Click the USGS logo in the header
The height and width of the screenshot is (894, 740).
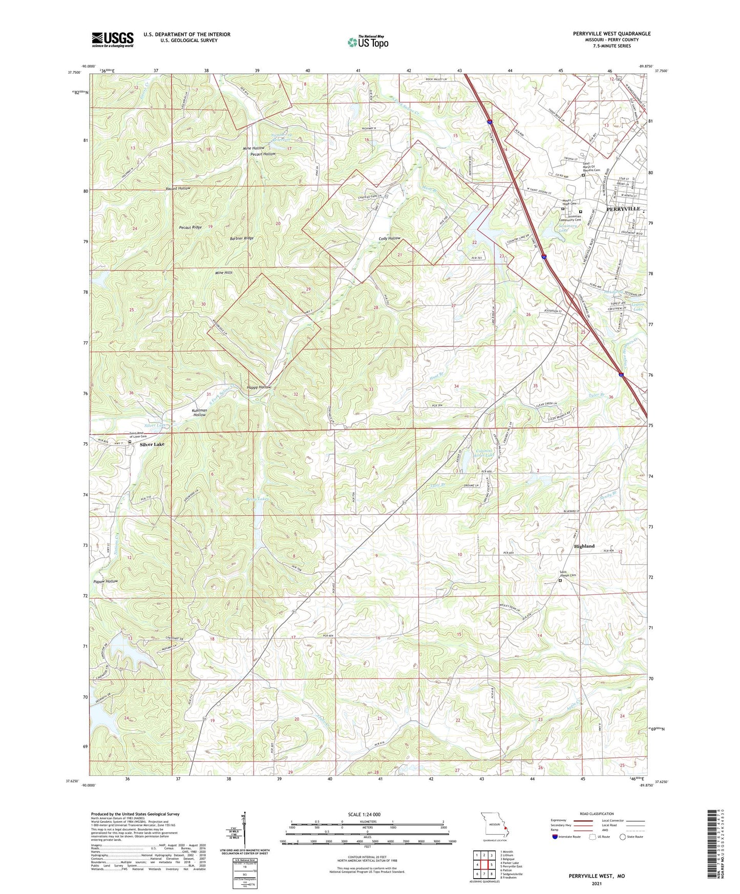pyautogui.click(x=113, y=39)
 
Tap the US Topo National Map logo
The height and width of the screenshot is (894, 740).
pyautogui.click(x=368, y=42)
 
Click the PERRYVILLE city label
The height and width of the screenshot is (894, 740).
pyautogui.click(x=623, y=209)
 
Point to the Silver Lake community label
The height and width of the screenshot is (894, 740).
pyautogui.click(x=152, y=444)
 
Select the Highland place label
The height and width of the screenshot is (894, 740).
pyautogui.click(x=584, y=546)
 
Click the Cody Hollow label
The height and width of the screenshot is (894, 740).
pyautogui.click(x=389, y=239)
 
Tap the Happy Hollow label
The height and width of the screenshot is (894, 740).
pyautogui.click(x=259, y=387)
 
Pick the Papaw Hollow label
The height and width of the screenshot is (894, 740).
pyautogui.click(x=105, y=581)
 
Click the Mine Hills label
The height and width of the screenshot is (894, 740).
pyautogui.click(x=224, y=273)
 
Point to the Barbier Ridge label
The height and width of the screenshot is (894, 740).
pyautogui.click(x=241, y=238)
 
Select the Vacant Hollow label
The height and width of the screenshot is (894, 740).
pyautogui.click(x=178, y=188)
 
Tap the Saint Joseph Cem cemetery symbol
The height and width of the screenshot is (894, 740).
pyautogui.click(x=560, y=581)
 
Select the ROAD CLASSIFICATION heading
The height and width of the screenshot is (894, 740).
pyautogui.click(x=597, y=814)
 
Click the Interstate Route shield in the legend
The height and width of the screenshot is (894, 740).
pyautogui.click(x=555, y=837)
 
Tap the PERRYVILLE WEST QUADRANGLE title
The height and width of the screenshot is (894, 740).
pyautogui.click(x=611, y=34)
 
